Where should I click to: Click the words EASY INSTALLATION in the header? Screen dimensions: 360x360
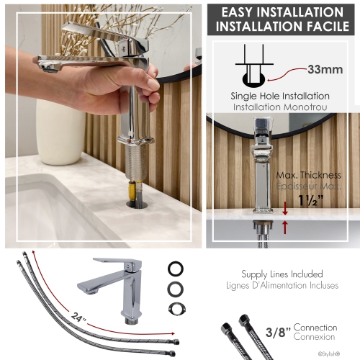pyautogui.click(x=282, y=12)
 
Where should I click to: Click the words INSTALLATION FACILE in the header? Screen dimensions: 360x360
pyautogui.click(x=282, y=28)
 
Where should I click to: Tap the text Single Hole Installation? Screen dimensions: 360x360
pyautogui.click(x=280, y=96)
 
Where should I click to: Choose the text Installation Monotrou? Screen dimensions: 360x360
pyautogui.click(x=280, y=107)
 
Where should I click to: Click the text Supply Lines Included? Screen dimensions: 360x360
pyautogui.click(x=282, y=274)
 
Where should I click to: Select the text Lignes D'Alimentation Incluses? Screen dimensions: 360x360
pyautogui.click(x=282, y=285)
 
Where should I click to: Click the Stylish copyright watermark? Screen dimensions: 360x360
pyautogui.click(x=341, y=354)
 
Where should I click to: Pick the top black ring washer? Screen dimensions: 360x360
pyautogui.click(x=174, y=266)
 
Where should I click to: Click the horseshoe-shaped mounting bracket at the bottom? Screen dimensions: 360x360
pyautogui.click(x=174, y=308)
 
